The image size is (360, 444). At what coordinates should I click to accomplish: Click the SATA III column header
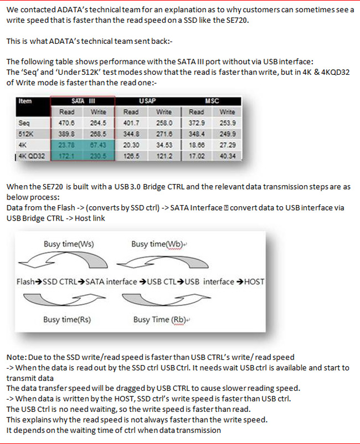coord(83,101)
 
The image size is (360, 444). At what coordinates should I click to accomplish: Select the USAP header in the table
coord(147,101)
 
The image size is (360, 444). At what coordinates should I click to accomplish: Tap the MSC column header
coord(212,101)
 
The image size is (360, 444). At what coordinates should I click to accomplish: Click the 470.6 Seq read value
coord(66,123)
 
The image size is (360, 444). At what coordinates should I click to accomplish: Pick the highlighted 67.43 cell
coord(99,145)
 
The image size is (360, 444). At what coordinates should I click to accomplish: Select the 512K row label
coord(26,134)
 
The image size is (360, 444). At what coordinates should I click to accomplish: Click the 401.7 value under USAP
coord(131,123)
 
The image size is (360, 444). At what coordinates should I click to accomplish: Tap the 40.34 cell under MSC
coord(228,156)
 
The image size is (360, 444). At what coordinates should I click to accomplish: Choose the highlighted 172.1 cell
coord(66,156)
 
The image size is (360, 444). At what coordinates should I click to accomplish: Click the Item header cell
coord(25,101)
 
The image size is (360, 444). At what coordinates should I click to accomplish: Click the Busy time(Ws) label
coord(68,244)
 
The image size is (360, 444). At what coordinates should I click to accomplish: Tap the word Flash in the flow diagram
coord(26,282)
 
